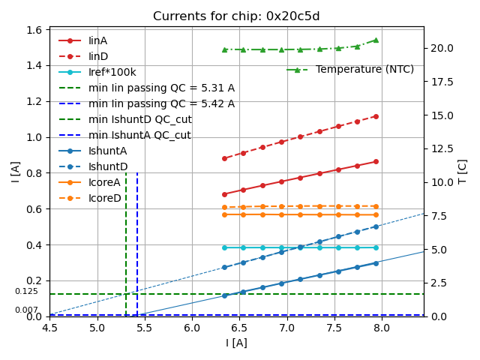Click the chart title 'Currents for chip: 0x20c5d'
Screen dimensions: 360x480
point(236,16)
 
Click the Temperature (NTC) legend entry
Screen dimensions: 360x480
point(364,70)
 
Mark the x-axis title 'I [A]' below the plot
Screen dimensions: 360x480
point(236,343)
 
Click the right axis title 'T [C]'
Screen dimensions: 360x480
point(463,171)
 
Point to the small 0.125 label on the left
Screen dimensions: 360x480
point(26,292)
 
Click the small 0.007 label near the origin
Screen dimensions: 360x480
point(26,310)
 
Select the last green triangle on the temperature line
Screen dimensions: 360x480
point(376,40)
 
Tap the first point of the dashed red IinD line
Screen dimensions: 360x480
point(224,158)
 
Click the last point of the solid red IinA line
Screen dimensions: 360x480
point(376,161)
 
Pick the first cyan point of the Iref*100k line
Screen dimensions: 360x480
point(224,247)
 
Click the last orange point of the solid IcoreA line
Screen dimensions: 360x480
point(376,214)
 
